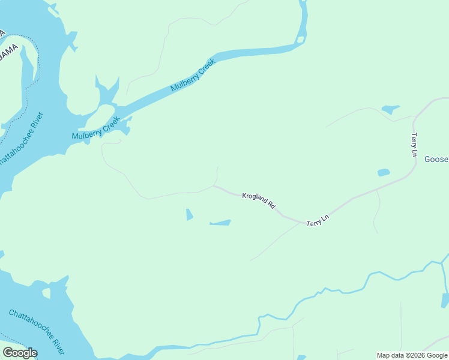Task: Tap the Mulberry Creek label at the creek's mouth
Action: [x=96, y=128]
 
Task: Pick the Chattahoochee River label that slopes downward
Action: [x=37, y=331]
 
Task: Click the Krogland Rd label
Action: [x=259, y=200]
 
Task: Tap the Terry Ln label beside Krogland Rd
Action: [x=318, y=220]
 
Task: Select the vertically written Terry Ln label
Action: [x=414, y=145]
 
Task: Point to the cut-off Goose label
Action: [x=436, y=160]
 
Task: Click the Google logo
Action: [x=20, y=353]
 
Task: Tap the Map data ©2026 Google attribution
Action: [x=412, y=355]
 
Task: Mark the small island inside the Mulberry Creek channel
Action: [x=300, y=40]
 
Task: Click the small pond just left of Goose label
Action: [x=383, y=173]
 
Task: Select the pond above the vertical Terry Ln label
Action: [x=390, y=109]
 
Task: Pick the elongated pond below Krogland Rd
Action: [x=220, y=223]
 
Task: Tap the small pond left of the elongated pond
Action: [x=189, y=214]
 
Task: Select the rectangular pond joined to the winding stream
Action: [x=445, y=300]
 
